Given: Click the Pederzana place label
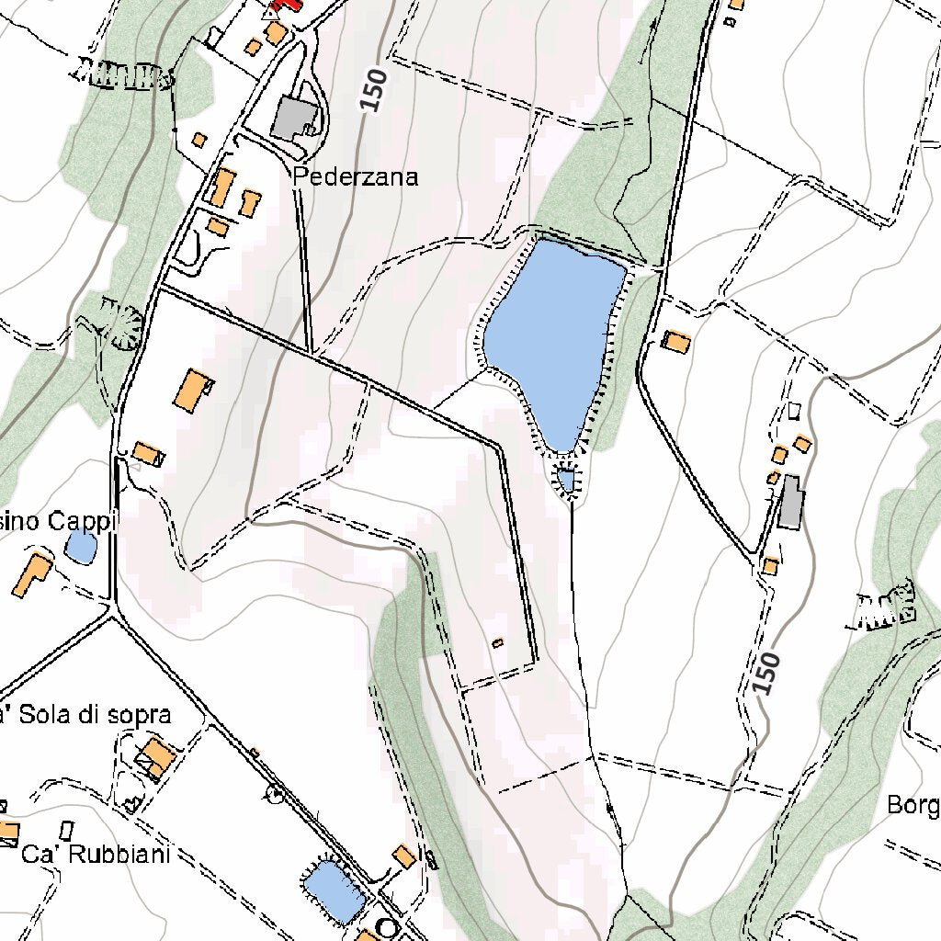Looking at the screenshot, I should point(356,176).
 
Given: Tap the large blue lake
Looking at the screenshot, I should point(551,335).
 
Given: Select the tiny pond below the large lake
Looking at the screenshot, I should point(566,480).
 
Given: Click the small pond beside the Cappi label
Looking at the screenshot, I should point(81,548).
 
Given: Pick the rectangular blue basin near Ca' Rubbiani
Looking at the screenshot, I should point(334,890).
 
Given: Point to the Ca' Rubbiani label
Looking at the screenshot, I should point(96,855).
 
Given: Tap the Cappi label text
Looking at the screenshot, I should point(59,522).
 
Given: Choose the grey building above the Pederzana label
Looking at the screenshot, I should point(296,119).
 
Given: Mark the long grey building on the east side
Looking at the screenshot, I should point(789,502).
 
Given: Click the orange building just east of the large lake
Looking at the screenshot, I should point(676,342).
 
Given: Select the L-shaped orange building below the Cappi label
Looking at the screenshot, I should point(33,575).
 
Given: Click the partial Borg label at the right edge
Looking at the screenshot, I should point(913,806).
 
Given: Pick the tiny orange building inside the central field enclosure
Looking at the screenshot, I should point(498,643).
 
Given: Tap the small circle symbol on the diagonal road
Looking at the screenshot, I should point(274,792).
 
